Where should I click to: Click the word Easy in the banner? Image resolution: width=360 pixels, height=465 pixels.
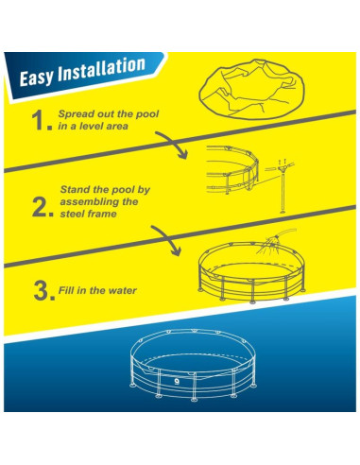(36, 77)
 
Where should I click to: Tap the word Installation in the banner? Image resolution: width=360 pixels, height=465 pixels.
(101, 69)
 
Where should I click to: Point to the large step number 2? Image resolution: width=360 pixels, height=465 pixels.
(43, 207)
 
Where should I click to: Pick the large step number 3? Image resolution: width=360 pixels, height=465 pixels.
(44, 291)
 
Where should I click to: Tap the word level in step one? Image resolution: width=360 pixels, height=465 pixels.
(92, 126)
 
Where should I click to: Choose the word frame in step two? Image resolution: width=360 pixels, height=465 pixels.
(102, 214)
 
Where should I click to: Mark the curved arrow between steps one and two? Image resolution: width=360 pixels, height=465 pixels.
(174, 142)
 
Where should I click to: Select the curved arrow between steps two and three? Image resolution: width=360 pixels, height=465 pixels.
(167, 237)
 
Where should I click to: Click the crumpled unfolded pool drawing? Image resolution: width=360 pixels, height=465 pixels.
(251, 89)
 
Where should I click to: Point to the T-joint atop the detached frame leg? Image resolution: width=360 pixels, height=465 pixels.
(283, 168)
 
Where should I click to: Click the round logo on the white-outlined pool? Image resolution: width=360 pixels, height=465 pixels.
(177, 381)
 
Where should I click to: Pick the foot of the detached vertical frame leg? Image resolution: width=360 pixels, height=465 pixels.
(283, 212)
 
